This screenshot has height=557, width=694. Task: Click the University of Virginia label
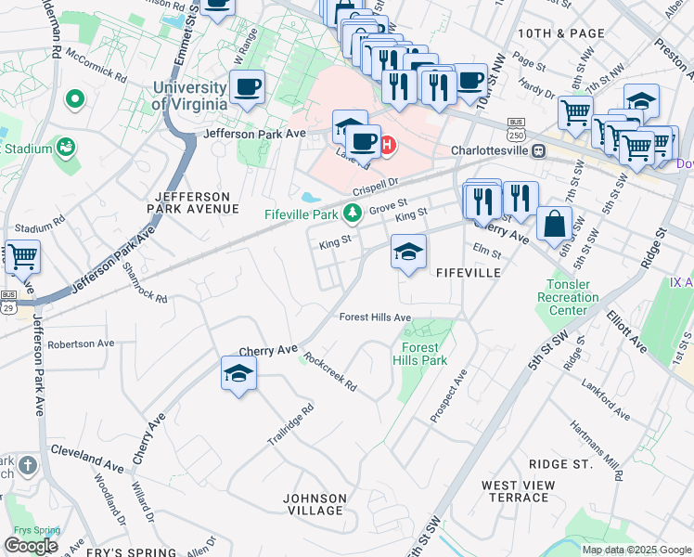click(x=189, y=95)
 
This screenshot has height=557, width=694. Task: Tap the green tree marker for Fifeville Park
click(x=352, y=214)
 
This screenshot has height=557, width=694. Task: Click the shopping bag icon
click(x=554, y=224)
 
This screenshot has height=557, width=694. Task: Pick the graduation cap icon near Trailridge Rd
click(x=238, y=374)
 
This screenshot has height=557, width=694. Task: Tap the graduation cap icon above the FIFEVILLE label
click(x=407, y=252)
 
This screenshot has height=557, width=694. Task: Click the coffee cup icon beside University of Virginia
click(x=247, y=88)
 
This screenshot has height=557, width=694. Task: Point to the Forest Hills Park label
click(x=419, y=355)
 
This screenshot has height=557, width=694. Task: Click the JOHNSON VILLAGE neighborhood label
click(x=315, y=504)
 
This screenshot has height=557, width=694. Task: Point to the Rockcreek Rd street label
click(x=330, y=375)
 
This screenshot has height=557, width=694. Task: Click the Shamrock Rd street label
click(x=145, y=281)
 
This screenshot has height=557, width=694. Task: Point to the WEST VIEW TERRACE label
click(x=515, y=491)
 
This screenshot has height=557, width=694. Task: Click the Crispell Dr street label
click(x=374, y=187)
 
